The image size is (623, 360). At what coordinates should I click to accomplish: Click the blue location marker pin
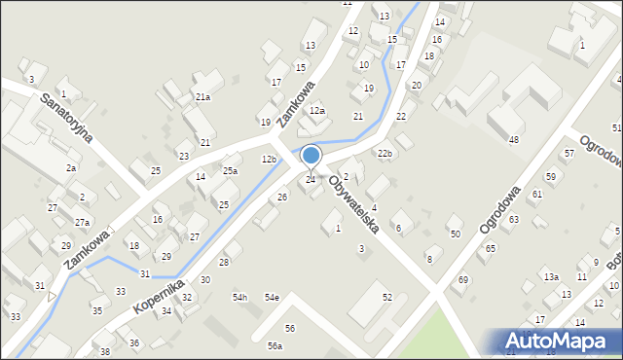(x=311, y=156)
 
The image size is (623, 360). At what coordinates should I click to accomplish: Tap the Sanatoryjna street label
(x=67, y=118)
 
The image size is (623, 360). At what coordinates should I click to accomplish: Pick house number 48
(x=513, y=140)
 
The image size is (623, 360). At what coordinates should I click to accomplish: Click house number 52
(x=386, y=297)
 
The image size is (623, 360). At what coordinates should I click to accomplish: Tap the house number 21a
(x=202, y=97)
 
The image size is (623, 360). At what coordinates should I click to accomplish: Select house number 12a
(x=316, y=112)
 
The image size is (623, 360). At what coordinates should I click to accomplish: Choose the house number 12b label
(x=269, y=159)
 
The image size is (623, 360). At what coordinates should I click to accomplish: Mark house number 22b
(x=385, y=154)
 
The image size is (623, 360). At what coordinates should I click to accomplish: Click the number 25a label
(x=230, y=171)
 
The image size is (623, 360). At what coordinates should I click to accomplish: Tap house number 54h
(x=239, y=297)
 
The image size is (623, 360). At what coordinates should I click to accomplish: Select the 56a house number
(x=275, y=346)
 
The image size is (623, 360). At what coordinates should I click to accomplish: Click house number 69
(x=463, y=280)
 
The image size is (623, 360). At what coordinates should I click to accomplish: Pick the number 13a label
(x=551, y=277)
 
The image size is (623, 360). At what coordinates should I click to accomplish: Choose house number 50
(x=455, y=234)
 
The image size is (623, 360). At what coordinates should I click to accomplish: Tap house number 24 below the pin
(x=311, y=179)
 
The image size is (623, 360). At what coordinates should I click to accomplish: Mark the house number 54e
(x=272, y=297)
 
